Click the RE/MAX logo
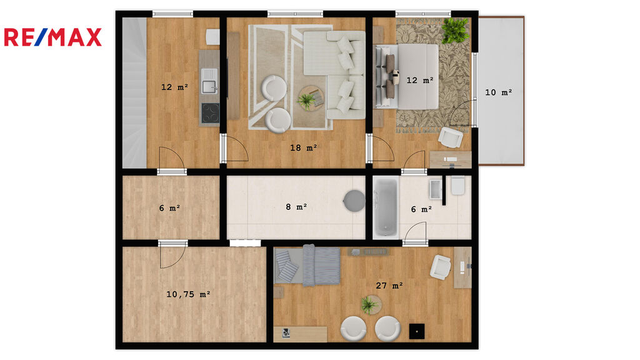tap(52, 37)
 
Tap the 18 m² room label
tap(304, 147)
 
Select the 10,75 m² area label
tap(188, 294)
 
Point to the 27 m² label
tap(389, 286)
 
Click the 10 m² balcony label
tap(498, 92)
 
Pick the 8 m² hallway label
tap(296, 207)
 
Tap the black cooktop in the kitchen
tap(210, 113)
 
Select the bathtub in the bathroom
tap(386, 207)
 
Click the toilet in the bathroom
tap(458, 186)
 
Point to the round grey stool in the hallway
tap(354, 201)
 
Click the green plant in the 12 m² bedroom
tap(455, 30)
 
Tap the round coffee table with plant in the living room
tap(311, 98)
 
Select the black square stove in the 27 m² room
tap(417, 331)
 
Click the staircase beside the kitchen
tap(134, 92)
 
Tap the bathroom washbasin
tap(436, 189)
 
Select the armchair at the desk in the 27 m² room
tap(441, 267)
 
